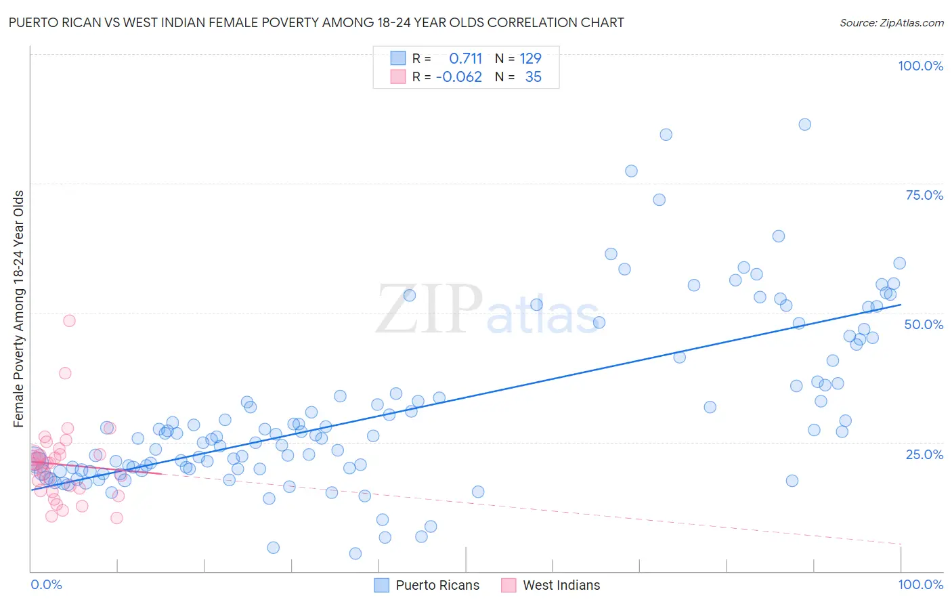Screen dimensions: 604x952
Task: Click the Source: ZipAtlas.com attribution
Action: point(891,22)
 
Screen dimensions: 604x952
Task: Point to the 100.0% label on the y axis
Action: point(920,66)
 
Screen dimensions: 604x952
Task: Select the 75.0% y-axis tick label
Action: point(924,195)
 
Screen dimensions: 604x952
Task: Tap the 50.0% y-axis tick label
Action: point(924,324)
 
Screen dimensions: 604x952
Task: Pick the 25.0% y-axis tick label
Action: point(924,454)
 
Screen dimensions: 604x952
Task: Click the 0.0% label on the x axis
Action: point(46,584)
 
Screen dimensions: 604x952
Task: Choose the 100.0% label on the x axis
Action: point(920,584)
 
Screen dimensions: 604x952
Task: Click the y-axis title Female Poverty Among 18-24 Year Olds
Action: point(18,309)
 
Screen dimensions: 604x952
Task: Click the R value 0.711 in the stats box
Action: point(465,58)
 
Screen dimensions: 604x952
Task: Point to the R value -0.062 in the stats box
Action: point(459,77)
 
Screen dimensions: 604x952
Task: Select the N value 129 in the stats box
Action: point(530,58)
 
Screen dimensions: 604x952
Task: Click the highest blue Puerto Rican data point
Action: point(804,124)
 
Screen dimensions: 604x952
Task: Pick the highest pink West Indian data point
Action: point(69,321)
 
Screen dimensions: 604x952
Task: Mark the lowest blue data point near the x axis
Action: point(355,554)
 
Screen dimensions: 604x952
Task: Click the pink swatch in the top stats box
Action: point(398,77)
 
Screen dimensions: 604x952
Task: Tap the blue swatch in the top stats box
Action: point(398,58)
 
